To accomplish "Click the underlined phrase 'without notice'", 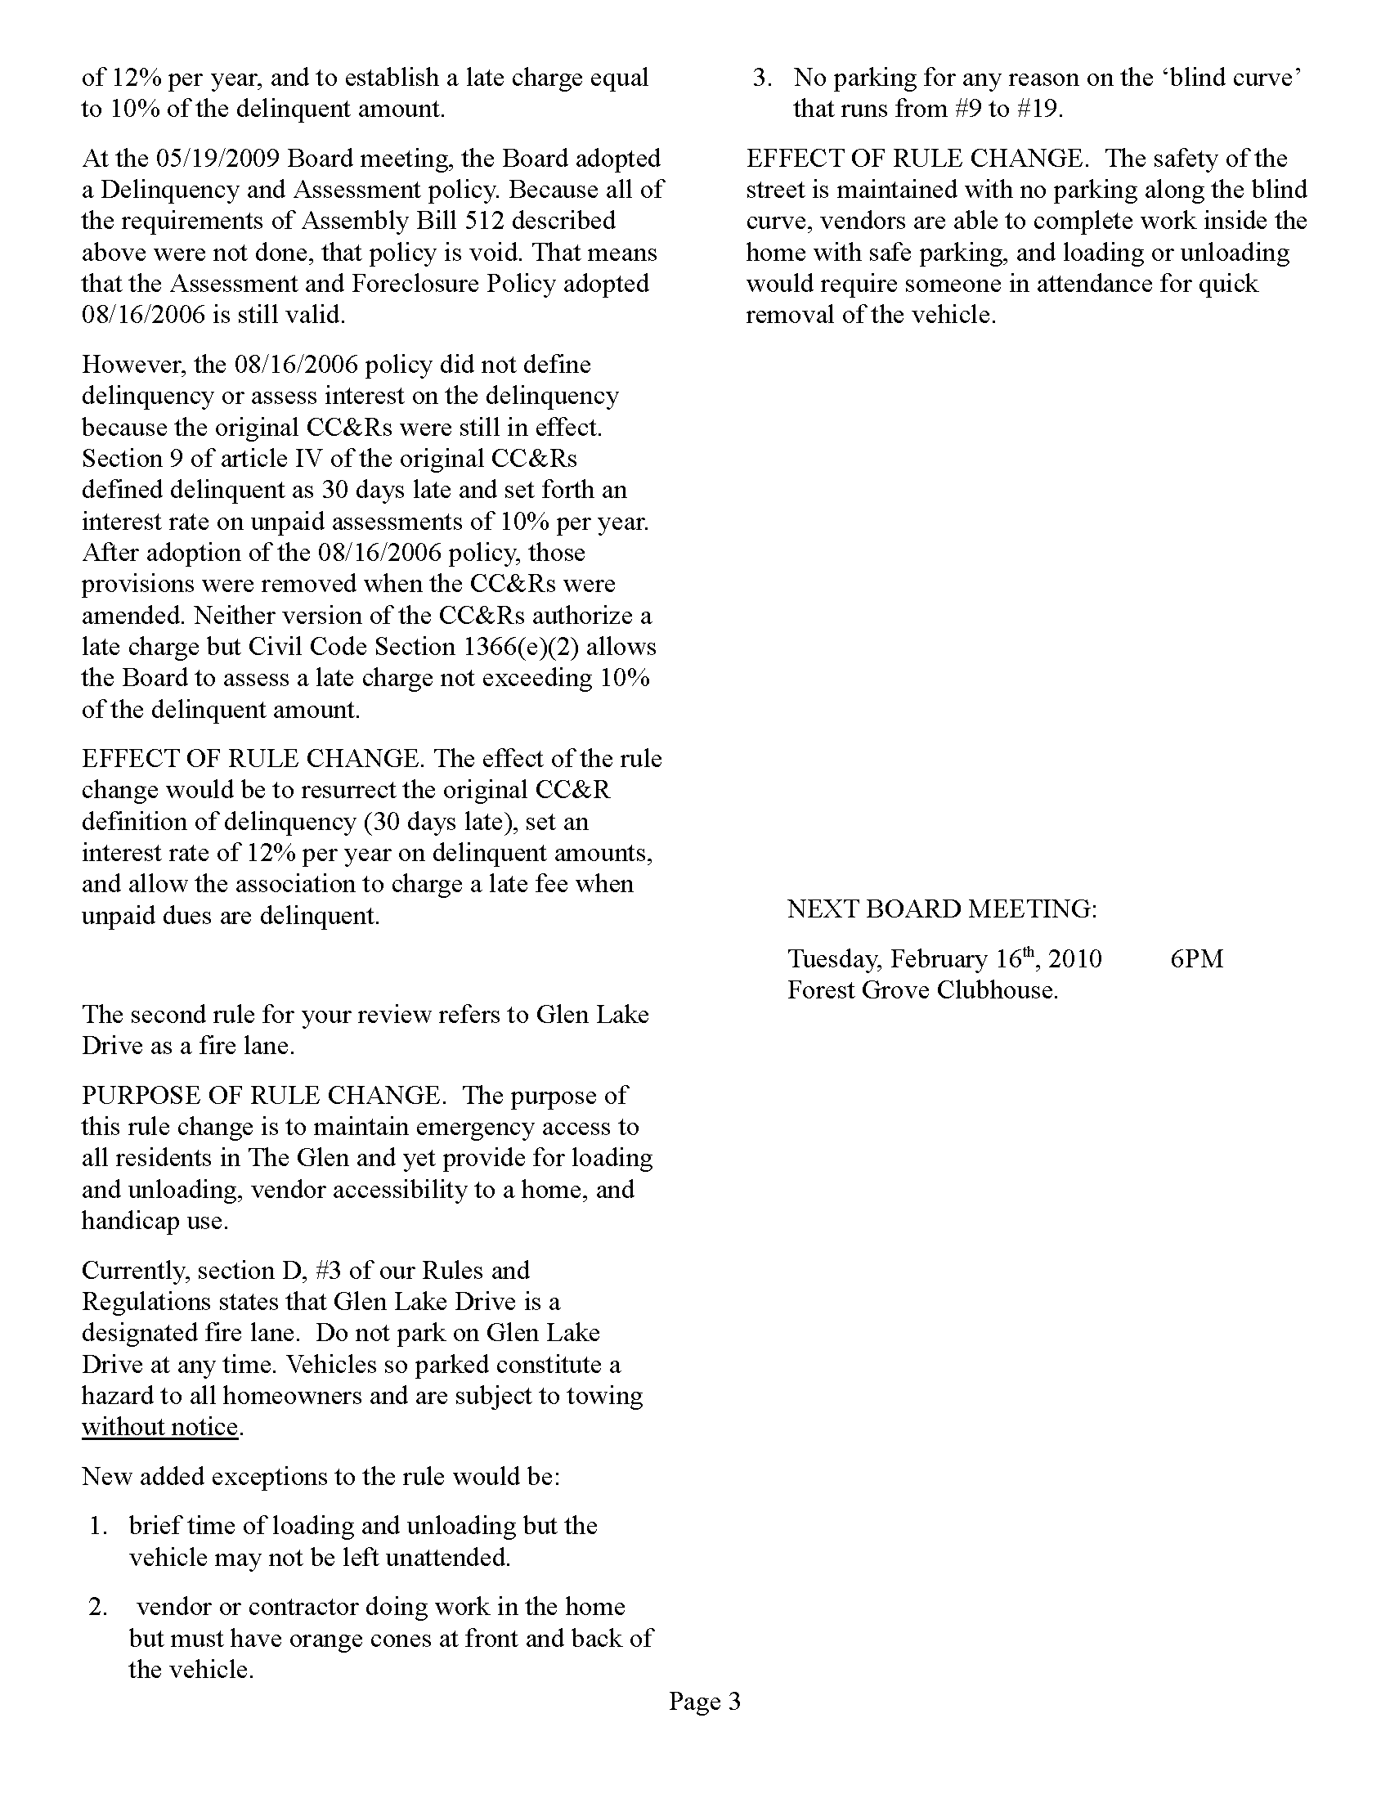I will click(x=159, y=1427).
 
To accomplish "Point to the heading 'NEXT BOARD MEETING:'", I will click(x=941, y=908).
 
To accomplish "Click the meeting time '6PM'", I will click(x=1195, y=959).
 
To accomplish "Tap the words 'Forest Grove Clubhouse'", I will click(x=921, y=989).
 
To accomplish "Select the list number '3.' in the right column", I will click(x=763, y=78).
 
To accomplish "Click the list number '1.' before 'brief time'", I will click(x=99, y=1526).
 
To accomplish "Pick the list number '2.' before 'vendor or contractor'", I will click(x=99, y=1606).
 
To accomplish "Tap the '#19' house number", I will click(x=1037, y=109).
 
